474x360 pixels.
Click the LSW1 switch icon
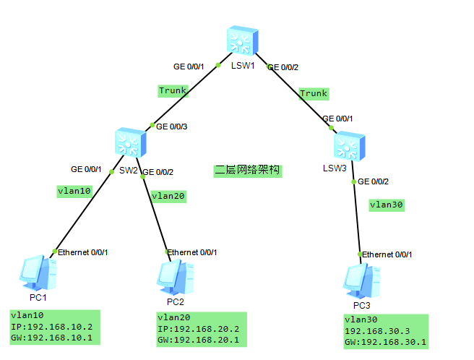click(x=241, y=41)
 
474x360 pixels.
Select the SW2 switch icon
click(x=130, y=142)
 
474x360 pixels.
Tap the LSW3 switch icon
click(x=345, y=147)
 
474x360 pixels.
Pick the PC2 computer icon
click(x=175, y=275)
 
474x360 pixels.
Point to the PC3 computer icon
click(x=361, y=278)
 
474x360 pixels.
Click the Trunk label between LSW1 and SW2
click(x=173, y=90)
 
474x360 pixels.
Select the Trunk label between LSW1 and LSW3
click(x=314, y=93)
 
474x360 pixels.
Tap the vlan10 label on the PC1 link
click(x=74, y=191)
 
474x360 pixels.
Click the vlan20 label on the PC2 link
click(x=168, y=195)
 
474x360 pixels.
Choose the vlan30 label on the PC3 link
click(x=387, y=205)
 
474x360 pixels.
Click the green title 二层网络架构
click(x=247, y=171)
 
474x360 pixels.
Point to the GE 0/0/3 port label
click(x=172, y=127)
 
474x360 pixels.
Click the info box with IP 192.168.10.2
click(x=55, y=326)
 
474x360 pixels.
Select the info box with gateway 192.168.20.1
click(x=202, y=329)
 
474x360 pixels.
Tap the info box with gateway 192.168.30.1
click(x=386, y=331)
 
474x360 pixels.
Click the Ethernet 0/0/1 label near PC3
click(x=387, y=254)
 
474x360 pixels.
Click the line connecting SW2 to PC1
click(x=81, y=211)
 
